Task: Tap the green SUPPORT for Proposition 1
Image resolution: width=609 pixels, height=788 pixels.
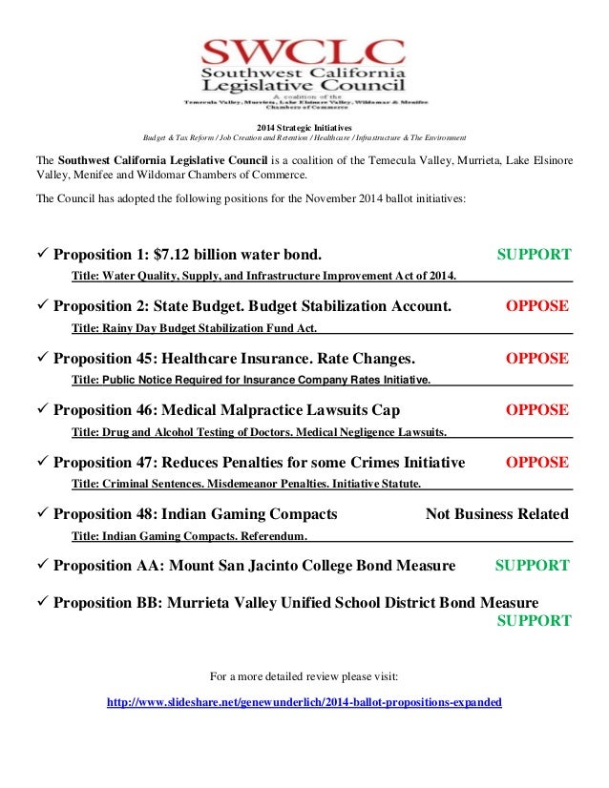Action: click(x=534, y=255)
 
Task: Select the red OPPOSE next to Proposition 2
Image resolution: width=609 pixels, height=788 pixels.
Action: click(x=536, y=306)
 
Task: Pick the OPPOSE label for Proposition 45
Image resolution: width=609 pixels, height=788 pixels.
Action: click(x=536, y=359)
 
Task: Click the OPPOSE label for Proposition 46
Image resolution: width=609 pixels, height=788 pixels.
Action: click(x=536, y=410)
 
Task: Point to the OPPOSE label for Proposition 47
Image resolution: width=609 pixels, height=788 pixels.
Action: click(x=536, y=463)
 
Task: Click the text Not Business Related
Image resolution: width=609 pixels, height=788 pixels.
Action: click(x=496, y=514)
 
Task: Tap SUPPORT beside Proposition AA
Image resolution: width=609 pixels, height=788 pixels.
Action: click(x=532, y=566)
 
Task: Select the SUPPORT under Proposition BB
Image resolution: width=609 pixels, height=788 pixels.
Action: click(x=534, y=621)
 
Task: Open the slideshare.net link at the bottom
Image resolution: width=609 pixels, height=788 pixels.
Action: click(x=304, y=702)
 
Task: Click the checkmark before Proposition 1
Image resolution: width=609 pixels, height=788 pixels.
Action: click(x=41, y=255)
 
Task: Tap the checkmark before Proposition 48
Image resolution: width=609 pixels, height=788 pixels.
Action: click(x=41, y=514)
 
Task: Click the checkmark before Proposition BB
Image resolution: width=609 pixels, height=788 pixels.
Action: click(x=41, y=603)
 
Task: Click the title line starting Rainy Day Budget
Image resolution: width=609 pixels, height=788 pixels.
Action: click(x=195, y=327)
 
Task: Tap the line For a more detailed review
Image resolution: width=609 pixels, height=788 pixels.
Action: click(x=304, y=676)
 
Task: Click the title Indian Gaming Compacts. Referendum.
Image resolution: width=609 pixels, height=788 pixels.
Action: click(x=190, y=536)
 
